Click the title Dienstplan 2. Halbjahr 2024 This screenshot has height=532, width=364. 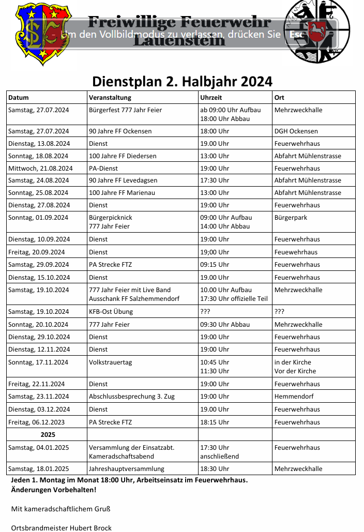[x=182, y=82]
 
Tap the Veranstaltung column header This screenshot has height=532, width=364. [x=110, y=97]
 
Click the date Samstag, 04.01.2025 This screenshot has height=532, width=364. [x=39, y=448]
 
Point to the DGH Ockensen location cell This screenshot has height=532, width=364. [x=296, y=131]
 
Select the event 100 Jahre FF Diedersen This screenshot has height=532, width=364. [x=123, y=156]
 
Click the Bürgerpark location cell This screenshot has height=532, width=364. [x=291, y=218]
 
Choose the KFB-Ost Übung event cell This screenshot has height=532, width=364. [x=111, y=312]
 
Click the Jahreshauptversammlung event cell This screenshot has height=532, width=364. [x=127, y=469]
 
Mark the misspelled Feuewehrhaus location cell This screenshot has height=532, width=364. [x=296, y=252]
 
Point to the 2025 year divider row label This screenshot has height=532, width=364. [x=48, y=435]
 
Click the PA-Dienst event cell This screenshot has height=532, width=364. [x=103, y=168]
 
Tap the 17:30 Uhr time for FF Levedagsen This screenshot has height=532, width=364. [x=215, y=180]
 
